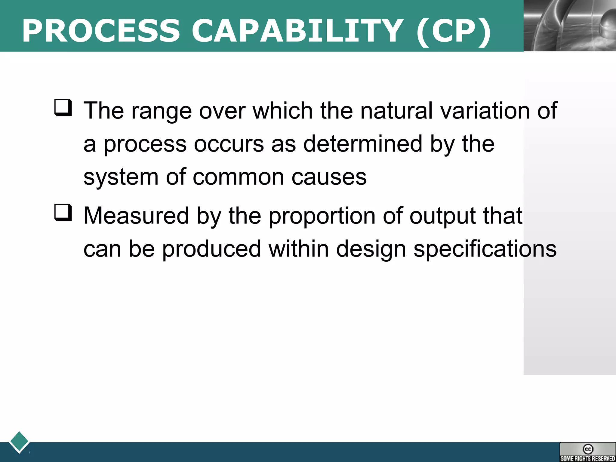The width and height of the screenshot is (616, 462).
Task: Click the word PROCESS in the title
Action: click(x=101, y=31)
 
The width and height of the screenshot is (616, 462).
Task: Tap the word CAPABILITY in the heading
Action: click(x=297, y=31)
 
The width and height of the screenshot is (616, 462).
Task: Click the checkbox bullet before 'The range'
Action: click(x=63, y=108)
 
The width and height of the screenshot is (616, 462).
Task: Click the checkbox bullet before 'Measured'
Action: click(x=63, y=213)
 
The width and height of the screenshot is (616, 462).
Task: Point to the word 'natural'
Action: click(x=396, y=111)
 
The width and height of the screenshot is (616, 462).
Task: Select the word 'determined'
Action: click(x=363, y=144)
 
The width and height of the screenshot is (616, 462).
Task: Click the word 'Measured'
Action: click(x=136, y=216)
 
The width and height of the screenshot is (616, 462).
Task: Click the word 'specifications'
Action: click(x=485, y=249)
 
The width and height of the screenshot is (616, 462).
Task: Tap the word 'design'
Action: click(x=371, y=249)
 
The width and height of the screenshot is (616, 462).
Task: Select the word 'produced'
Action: click(x=211, y=249)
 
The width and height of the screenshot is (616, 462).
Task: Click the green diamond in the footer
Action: click(x=19, y=442)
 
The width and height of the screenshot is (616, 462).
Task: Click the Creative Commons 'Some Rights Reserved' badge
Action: click(x=587, y=452)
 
